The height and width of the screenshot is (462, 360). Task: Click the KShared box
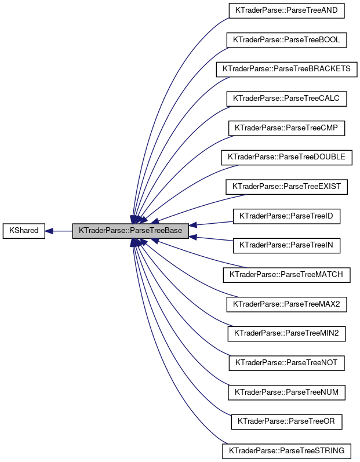pyautogui.click(x=23, y=231)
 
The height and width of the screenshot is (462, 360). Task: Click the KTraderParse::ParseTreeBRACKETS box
pyautogui.click(x=287, y=69)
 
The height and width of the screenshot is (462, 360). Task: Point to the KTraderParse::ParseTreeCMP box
pyautogui.click(x=287, y=128)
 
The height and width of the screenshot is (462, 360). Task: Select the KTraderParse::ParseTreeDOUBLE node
pyautogui.click(x=287, y=157)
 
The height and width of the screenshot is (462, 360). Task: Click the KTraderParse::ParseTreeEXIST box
pyautogui.click(x=287, y=187)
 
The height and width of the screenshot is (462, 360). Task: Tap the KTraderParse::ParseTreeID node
pyautogui.click(x=287, y=216)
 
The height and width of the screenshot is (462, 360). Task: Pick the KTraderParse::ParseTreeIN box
pyautogui.click(x=287, y=246)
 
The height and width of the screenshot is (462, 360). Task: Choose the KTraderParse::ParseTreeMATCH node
pyautogui.click(x=287, y=275)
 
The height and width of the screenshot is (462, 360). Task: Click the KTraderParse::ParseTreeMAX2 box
pyautogui.click(x=287, y=304)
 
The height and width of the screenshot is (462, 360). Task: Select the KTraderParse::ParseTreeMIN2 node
pyautogui.click(x=287, y=334)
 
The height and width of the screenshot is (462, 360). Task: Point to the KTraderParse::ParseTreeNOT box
pyautogui.click(x=287, y=363)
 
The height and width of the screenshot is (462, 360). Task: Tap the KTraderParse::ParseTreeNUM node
pyautogui.click(x=287, y=393)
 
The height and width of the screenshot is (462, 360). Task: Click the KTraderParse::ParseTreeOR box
pyautogui.click(x=287, y=422)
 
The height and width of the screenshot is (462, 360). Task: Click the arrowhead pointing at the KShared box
pyautogui.click(x=50, y=231)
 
